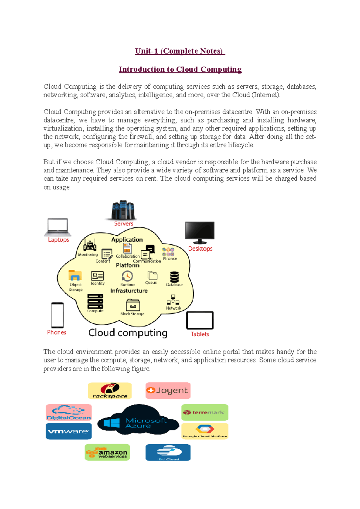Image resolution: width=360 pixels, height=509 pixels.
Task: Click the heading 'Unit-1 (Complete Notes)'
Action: coord(180,51)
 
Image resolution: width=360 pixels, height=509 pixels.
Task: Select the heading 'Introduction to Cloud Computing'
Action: coord(180,70)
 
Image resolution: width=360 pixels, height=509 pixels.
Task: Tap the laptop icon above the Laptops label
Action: coord(58,227)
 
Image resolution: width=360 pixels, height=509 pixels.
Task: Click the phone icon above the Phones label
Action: coord(57,315)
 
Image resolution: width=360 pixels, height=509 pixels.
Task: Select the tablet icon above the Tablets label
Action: coord(200,320)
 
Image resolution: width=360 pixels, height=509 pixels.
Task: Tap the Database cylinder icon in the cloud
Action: coord(174,277)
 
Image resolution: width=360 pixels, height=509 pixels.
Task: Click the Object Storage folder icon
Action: coord(75,275)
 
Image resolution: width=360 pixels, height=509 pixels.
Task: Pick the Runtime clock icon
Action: coord(127,276)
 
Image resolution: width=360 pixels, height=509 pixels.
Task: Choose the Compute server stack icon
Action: coord(95,301)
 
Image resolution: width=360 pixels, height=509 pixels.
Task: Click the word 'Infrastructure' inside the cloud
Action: coord(129,291)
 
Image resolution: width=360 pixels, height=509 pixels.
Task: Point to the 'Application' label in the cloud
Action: coord(127,240)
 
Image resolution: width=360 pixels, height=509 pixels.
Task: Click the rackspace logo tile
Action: coord(110,391)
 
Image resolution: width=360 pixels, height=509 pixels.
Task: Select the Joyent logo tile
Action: coord(168,391)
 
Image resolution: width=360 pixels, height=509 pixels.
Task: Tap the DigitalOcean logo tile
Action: coord(69,412)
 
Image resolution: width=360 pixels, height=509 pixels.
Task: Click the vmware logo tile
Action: coord(69,431)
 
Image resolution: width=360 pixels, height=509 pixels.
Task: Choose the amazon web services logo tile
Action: coord(107,452)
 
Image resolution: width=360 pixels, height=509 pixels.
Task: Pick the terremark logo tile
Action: coord(205,412)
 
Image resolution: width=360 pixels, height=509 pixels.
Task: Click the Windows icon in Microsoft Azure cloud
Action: coord(112,423)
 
